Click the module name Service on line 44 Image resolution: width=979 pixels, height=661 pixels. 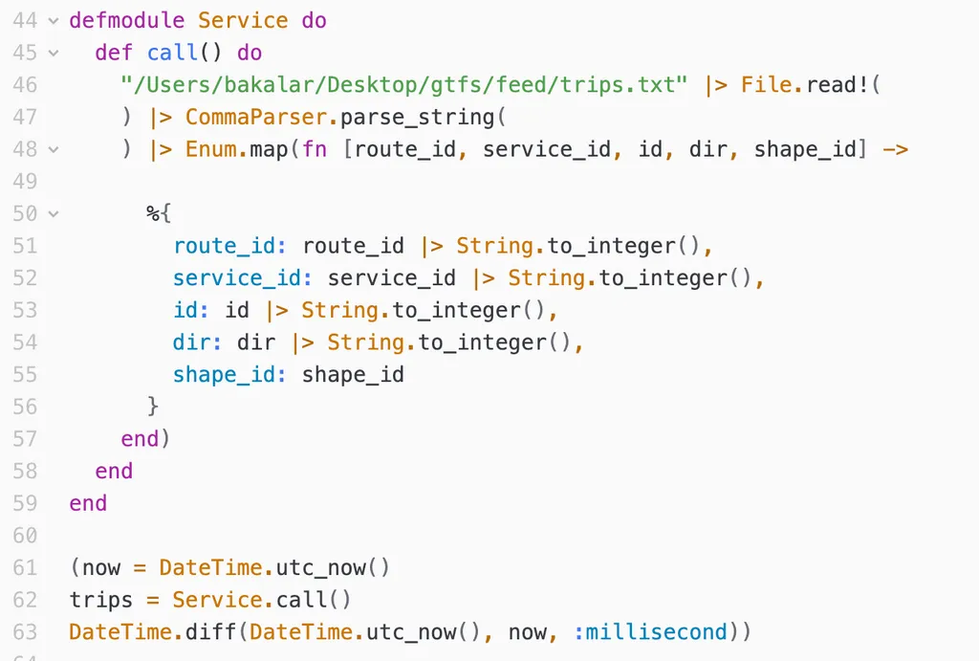pos(243,20)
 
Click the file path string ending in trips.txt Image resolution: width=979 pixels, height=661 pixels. pos(404,85)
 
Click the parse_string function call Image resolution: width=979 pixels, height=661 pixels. pos(417,118)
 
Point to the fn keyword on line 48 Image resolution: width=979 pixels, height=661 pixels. pos(315,150)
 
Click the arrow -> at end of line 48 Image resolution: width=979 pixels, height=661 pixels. pos(895,150)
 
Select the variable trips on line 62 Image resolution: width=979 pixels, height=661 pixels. pos(101,600)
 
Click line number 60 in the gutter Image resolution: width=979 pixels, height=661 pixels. pos(25,536)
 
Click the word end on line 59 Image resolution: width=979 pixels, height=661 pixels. pos(88,503)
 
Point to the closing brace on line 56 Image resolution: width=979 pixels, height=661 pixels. pos(153,407)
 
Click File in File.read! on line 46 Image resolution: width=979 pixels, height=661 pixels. pos(767,85)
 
